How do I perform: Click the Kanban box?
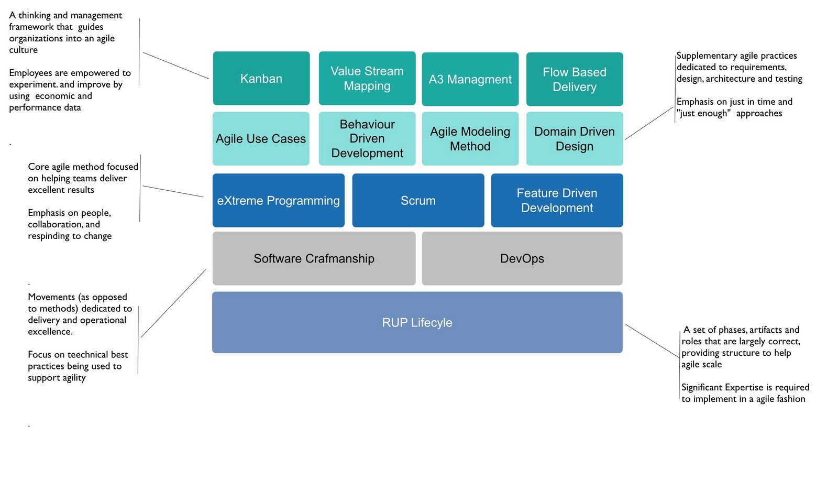[x=261, y=79]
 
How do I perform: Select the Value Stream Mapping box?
[x=367, y=79]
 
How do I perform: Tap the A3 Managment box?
[x=470, y=79]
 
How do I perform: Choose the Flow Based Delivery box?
[x=574, y=79]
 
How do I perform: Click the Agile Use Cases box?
[x=261, y=138]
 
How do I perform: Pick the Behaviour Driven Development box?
[x=367, y=138]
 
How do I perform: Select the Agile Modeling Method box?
[x=470, y=138]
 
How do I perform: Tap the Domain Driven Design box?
[x=574, y=138]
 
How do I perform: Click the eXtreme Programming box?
[x=278, y=200]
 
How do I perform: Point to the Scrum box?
[x=418, y=200]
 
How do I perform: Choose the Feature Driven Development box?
[x=557, y=200]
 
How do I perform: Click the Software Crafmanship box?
[x=314, y=258]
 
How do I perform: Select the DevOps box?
[x=522, y=258]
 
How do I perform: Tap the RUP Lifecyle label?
[x=417, y=323]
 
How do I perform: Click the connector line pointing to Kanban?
[x=175, y=66]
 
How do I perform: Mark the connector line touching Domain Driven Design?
[x=648, y=124]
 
